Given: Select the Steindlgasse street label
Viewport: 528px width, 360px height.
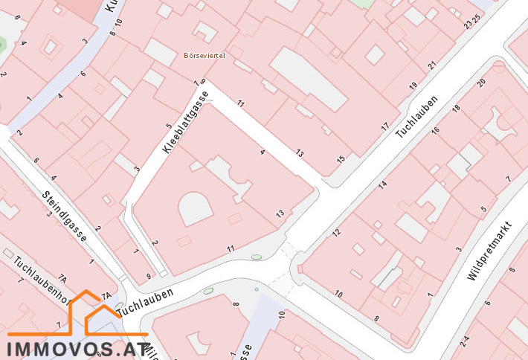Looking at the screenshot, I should coord(65,216).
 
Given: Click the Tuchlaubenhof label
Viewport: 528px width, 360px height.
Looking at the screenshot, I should coord(41,277).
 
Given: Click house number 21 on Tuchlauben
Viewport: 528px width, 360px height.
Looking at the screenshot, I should coord(432,66).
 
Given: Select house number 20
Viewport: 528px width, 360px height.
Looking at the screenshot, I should coord(481,82).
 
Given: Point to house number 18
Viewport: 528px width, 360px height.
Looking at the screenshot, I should coord(457,109).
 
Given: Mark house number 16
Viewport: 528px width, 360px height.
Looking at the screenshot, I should coord(436,131).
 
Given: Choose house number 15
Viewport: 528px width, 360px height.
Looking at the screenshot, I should coord(341,159).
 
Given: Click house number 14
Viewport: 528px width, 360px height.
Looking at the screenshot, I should coord(382,184).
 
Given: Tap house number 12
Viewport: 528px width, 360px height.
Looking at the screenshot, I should coord(336,233).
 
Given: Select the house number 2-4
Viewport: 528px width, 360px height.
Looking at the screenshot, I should coord(465,341).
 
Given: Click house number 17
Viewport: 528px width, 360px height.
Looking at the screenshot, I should coord(384,127).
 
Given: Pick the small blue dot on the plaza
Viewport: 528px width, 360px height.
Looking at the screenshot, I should coord(257,289).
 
